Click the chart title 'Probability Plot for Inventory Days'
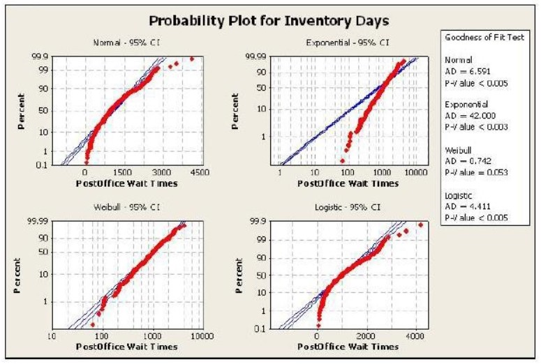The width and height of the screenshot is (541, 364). click(269, 21)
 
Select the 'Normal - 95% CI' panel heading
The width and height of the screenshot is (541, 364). click(126, 43)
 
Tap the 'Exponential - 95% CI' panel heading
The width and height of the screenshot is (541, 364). click(348, 43)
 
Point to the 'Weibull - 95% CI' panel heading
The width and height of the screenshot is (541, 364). click(126, 207)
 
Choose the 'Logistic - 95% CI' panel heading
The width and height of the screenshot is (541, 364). click(348, 207)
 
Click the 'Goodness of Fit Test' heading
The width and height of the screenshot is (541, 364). click(484, 37)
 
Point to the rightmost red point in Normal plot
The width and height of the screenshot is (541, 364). click(192, 59)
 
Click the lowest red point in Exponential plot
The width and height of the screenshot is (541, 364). click(342, 160)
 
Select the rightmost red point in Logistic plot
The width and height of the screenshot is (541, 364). click(421, 225)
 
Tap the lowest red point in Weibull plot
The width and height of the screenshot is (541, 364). click(92, 325)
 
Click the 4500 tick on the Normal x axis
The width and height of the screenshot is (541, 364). click(200, 172)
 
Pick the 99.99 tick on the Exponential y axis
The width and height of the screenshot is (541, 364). click(255, 56)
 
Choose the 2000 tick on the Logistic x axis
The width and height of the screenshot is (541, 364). click(366, 336)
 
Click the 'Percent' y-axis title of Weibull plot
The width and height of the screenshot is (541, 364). click(17, 275)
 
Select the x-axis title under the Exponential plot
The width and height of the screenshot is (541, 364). click(348, 183)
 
